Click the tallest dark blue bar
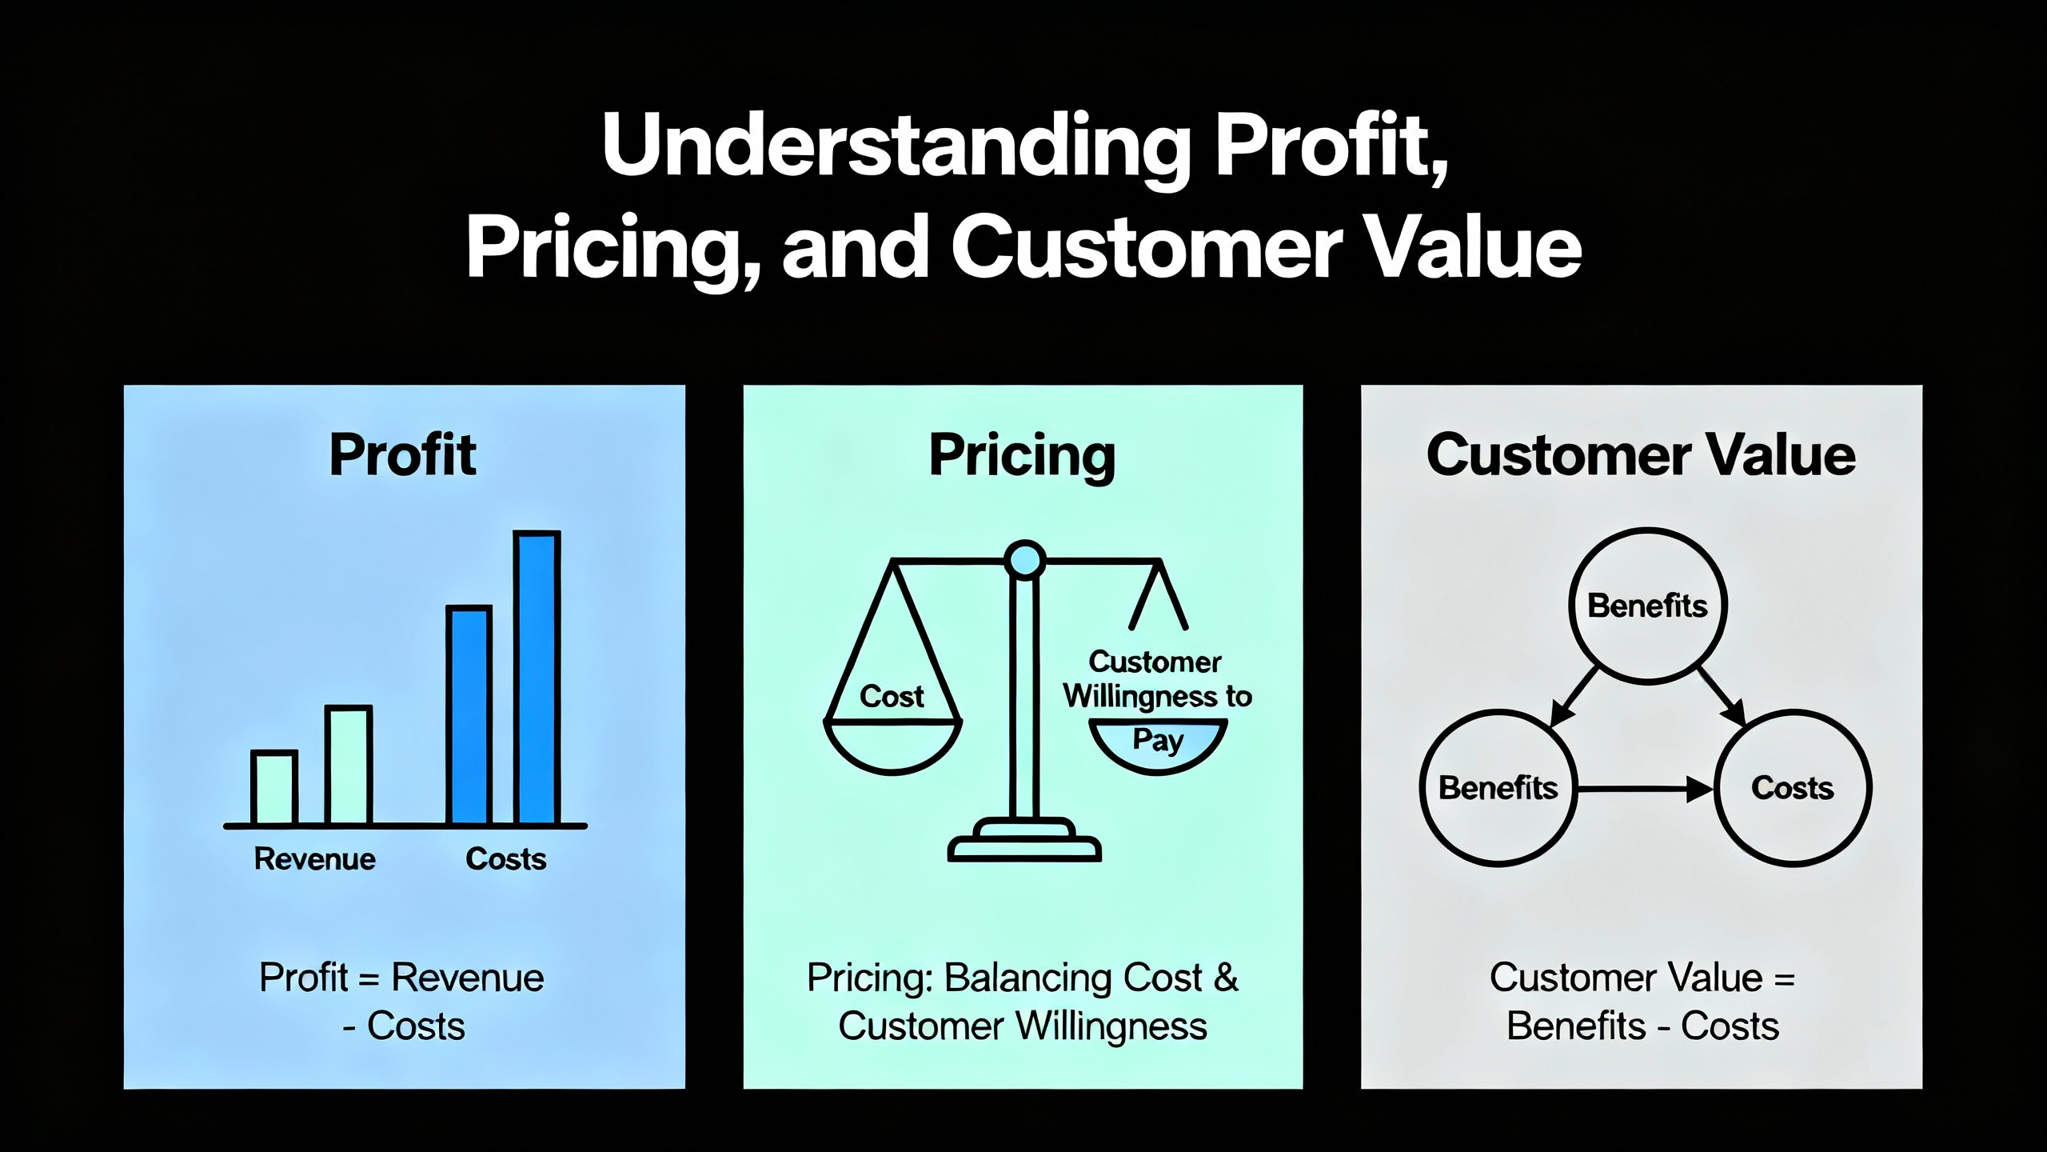pos(537,678)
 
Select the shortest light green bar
pos(274,787)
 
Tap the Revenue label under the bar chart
pos(315,859)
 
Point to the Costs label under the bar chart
pos(506,859)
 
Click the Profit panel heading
pos(403,454)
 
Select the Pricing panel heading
pos(1022,456)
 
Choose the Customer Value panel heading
pos(1641,454)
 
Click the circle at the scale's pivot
pos(1024,559)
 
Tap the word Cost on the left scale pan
pos(892,696)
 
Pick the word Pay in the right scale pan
pos(1158,740)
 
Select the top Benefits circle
pos(1647,606)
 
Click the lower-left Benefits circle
pos(1498,788)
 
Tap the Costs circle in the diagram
pos(1793,788)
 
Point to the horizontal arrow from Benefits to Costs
pos(1646,789)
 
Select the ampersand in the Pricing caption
pos(1227,978)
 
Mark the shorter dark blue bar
pos(469,715)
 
